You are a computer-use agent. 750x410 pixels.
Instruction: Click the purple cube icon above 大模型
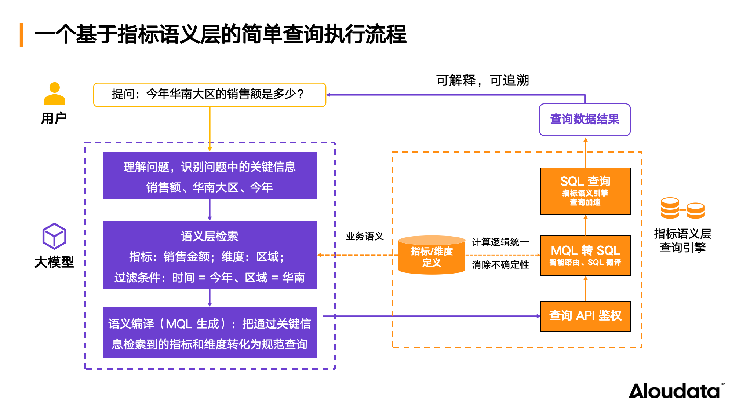[x=54, y=236]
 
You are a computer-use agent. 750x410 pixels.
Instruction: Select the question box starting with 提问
[x=210, y=95]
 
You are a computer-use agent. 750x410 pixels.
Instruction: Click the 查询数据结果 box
[x=585, y=120]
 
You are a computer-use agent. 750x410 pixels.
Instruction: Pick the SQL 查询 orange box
[x=585, y=191]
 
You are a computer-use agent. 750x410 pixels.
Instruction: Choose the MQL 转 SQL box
[x=585, y=256]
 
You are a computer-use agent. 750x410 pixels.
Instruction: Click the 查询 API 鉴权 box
[x=585, y=316]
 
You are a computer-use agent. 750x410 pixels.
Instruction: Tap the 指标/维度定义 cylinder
[x=432, y=256]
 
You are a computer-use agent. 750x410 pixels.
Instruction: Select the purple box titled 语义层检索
[x=210, y=255]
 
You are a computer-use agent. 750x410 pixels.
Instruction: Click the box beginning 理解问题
[x=210, y=175]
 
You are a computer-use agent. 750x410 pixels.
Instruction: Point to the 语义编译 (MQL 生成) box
[x=210, y=333]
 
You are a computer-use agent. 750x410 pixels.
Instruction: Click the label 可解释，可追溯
[x=482, y=80]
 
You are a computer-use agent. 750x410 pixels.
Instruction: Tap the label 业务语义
[x=364, y=236]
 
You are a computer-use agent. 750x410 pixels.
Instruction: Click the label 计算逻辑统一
[x=500, y=242]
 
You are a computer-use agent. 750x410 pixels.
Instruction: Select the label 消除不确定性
[x=500, y=265]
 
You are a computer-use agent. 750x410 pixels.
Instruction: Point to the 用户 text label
[x=54, y=118]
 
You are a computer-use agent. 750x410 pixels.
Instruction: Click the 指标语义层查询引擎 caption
[x=682, y=241]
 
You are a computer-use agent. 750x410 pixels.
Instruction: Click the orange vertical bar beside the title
[x=22, y=35]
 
